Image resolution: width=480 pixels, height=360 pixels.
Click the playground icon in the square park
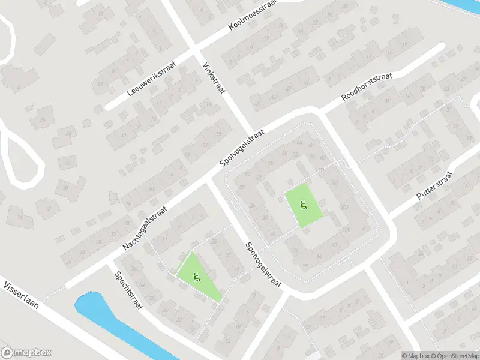(x=303, y=205)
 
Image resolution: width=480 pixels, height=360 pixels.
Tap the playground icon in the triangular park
(x=197, y=277)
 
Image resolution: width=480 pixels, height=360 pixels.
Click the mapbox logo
(x=26, y=353)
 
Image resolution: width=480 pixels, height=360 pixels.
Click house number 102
(x=345, y=208)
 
